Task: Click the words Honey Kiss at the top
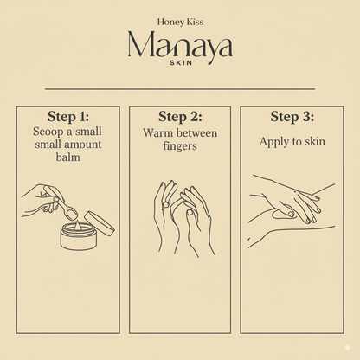pyautogui.click(x=179, y=22)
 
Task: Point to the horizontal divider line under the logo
pyautogui.click(x=179, y=88)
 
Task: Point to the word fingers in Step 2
pyautogui.click(x=180, y=148)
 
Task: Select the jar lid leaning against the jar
pyautogui.click(x=103, y=227)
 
